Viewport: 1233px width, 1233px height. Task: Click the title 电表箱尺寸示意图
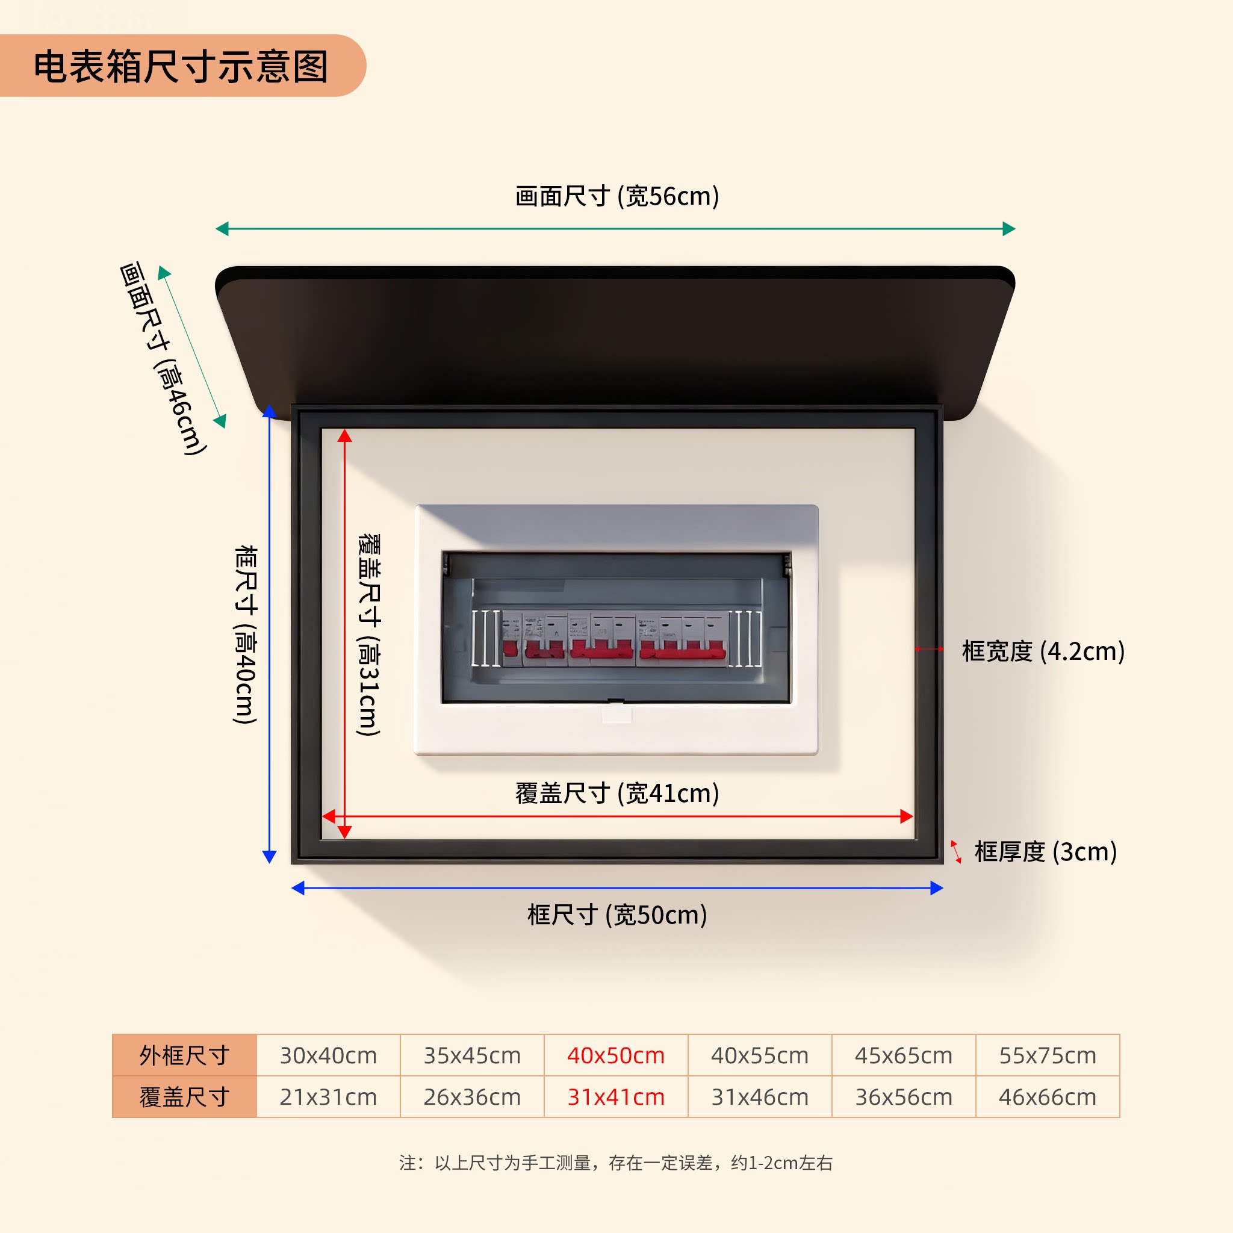click(x=181, y=66)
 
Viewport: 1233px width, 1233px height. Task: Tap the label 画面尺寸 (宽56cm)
click(x=616, y=196)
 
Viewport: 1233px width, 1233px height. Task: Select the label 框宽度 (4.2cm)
click(x=1043, y=651)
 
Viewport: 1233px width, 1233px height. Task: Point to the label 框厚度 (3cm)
click(x=1045, y=851)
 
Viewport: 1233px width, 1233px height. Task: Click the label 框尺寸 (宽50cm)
click(x=616, y=915)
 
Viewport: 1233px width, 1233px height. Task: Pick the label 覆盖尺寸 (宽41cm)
click(x=616, y=793)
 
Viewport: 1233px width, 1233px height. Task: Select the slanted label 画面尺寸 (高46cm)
click(x=163, y=358)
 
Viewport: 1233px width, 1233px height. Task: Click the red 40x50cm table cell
click(x=616, y=1055)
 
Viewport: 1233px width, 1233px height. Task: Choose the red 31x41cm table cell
click(x=616, y=1096)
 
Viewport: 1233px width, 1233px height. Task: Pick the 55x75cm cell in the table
click(x=1048, y=1055)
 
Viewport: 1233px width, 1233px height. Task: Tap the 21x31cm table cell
click(x=328, y=1096)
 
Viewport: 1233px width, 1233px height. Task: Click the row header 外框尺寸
click(x=184, y=1055)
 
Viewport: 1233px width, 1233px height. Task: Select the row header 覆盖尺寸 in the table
click(x=184, y=1096)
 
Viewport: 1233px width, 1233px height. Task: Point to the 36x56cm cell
click(x=904, y=1096)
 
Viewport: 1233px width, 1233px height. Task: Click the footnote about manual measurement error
click(x=616, y=1163)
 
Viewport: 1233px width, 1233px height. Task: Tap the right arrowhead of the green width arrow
click(x=1008, y=228)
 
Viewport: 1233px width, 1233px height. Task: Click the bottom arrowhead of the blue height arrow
click(x=269, y=856)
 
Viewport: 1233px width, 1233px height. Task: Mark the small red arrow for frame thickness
click(x=956, y=851)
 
